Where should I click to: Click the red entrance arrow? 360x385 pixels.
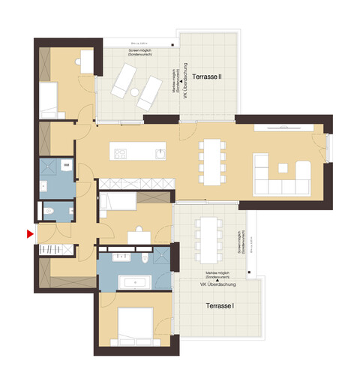point(30,235)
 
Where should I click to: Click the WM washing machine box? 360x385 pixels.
point(67,165)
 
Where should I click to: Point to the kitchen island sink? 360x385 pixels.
point(160,154)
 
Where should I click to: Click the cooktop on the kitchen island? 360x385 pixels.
point(120,154)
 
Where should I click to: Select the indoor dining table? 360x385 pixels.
point(213,161)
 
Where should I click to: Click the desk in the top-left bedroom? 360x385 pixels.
point(88,61)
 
